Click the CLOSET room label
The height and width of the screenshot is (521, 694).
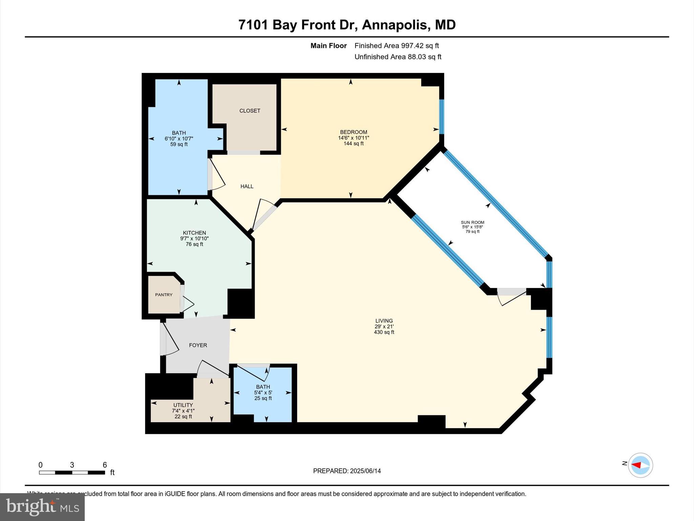point(250,111)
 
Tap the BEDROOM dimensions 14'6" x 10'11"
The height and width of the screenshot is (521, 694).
point(353,138)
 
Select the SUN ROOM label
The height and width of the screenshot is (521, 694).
point(472,223)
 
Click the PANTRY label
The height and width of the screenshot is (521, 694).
point(164,295)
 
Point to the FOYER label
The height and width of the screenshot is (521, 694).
point(198,345)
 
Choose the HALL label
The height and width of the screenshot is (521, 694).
point(247,186)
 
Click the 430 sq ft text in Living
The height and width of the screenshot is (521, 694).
point(384,332)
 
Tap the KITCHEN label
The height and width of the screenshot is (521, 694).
point(194,233)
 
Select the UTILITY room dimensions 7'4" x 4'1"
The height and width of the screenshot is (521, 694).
point(183,411)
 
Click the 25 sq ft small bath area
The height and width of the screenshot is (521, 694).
point(263,398)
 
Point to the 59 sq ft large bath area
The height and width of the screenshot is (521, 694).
point(179,144)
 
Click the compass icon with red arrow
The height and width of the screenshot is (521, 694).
point(640,465)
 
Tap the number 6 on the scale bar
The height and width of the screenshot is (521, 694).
point(105,465)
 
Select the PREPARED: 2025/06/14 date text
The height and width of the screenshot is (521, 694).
point(347,471)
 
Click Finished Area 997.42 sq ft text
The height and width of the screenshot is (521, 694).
point(396,45)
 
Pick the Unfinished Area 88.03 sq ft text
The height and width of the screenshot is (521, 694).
point(397,57)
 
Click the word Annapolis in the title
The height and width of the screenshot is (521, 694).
point(395,25)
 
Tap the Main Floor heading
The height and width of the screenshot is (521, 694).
point(328,45)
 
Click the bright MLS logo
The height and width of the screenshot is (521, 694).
point(42,507)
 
